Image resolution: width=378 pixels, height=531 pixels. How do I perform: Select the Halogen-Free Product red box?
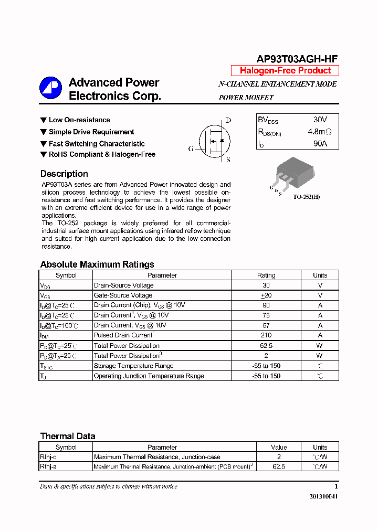pyautogui.click(x=285, y=71)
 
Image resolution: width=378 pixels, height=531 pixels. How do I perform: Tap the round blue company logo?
pyautogui.click(x=50, y=89)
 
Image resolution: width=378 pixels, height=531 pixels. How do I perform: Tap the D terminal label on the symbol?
pyautogui.click(x=228, y=120)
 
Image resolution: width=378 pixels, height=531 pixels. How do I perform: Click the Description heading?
pyautogui.click(x=64, y=174)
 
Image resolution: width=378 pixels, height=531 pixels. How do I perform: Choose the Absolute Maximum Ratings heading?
pyautogui.click(x=97, y=264)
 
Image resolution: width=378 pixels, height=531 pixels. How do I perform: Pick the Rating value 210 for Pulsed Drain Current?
pyautogui.click(x=266, y=335)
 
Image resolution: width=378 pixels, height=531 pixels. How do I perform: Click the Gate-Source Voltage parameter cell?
pyautogui.click(x=123, y=295)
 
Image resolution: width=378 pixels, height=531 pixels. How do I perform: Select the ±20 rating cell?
pyautogui.click(x=266, y=295)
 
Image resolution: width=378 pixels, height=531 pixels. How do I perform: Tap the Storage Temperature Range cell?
pyautogui.click(x=133, y=366)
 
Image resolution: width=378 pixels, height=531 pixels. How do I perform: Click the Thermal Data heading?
pyautogui.click(x=68, y=436)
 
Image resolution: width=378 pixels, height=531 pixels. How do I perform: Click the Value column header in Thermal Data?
pyautogui.click(x=279, y=448)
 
